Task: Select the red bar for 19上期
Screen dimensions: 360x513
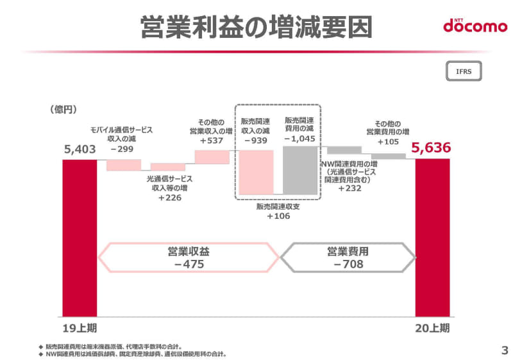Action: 80,237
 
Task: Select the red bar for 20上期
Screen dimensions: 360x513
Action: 433,237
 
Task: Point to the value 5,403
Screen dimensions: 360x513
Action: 80,150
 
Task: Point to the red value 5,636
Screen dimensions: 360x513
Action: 432,148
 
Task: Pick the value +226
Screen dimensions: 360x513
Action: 169,198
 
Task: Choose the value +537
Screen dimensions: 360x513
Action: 212,141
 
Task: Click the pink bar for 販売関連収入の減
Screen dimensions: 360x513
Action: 257,172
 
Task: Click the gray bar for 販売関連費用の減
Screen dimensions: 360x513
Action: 300,170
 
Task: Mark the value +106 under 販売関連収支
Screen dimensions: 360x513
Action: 278,216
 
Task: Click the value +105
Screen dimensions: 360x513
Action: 389,141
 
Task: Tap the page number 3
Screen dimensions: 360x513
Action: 504,350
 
